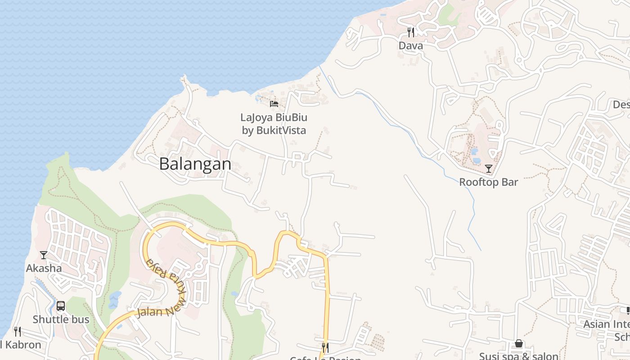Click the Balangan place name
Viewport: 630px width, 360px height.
click(x=195, y=164)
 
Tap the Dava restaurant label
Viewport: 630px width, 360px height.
click(x=410, y=45)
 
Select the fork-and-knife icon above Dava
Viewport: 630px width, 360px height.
click(x=410, y=32)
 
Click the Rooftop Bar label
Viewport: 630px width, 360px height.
click(x=488, y=182)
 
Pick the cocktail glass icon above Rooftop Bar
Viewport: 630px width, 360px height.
click(x=488, y=169)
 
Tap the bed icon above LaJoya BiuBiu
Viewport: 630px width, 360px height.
click(x=274, y=104)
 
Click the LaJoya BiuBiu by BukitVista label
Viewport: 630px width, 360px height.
click(x=274, y=124)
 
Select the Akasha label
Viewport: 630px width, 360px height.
click(x=44, y=268)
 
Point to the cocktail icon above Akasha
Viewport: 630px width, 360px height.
click(x=44, y=255)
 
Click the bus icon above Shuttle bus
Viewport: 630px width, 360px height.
click(x=61, y=306)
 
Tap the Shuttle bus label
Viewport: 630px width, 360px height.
click(x=61, y=319)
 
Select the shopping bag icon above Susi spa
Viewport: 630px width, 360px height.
click(x=518, y=344)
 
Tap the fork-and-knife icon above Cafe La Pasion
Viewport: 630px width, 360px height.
click(x=325, y=347)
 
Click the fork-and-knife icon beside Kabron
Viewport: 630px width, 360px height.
click(x=17, y=332)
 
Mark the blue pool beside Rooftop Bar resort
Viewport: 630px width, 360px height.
click(x=475, y=155)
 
